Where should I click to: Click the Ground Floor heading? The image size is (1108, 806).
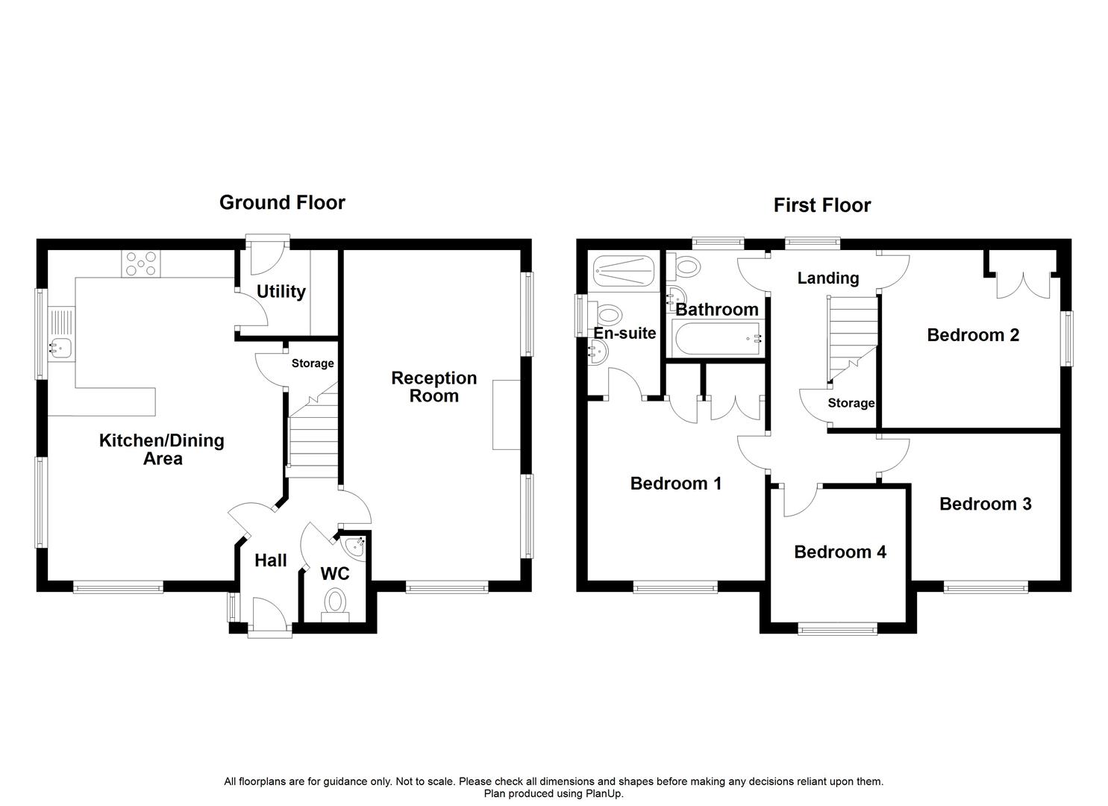click(x=282, y=202)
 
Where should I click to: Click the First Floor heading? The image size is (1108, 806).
click(x=821, y=205)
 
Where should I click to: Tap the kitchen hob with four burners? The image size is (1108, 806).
click(x=141, y=263)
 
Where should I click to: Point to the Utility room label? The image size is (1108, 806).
click(x=281, y=291)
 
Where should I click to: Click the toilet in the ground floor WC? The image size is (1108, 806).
click(x=335, y=602)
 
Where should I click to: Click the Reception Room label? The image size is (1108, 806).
click(x=434, y=387)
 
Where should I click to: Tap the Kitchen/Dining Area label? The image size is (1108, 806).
click(x=161, y=449)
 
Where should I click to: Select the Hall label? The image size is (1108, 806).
click(x=270, y=560)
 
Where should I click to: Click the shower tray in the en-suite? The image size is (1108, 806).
click(x=621, y=271)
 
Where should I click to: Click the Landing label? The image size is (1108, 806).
click(x=827, y=278)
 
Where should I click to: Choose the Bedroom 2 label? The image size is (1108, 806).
click(x=972, y=335)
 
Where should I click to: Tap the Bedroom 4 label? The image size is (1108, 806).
click(x=839, y=552)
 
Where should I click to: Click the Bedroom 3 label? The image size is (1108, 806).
click(x=985, y=504)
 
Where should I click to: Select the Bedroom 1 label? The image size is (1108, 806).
click(x=675, y=484)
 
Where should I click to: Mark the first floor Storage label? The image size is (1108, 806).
click(x=851, y=403)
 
